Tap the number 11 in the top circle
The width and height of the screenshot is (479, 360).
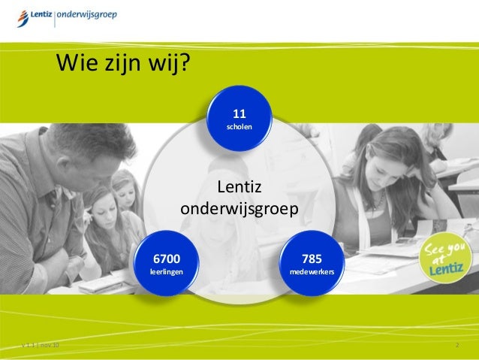[239, 114]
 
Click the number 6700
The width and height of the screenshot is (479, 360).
[166, 259]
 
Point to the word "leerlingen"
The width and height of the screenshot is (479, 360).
[166, 271]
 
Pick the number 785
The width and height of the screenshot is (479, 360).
[312, 259]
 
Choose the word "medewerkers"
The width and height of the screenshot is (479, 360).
[312, 271]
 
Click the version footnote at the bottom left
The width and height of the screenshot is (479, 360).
[41, 345]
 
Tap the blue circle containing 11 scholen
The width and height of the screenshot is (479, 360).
[239, 119]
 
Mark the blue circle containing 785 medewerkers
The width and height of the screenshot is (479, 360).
[312, 263]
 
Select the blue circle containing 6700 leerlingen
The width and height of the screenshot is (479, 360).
[166, 263]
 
